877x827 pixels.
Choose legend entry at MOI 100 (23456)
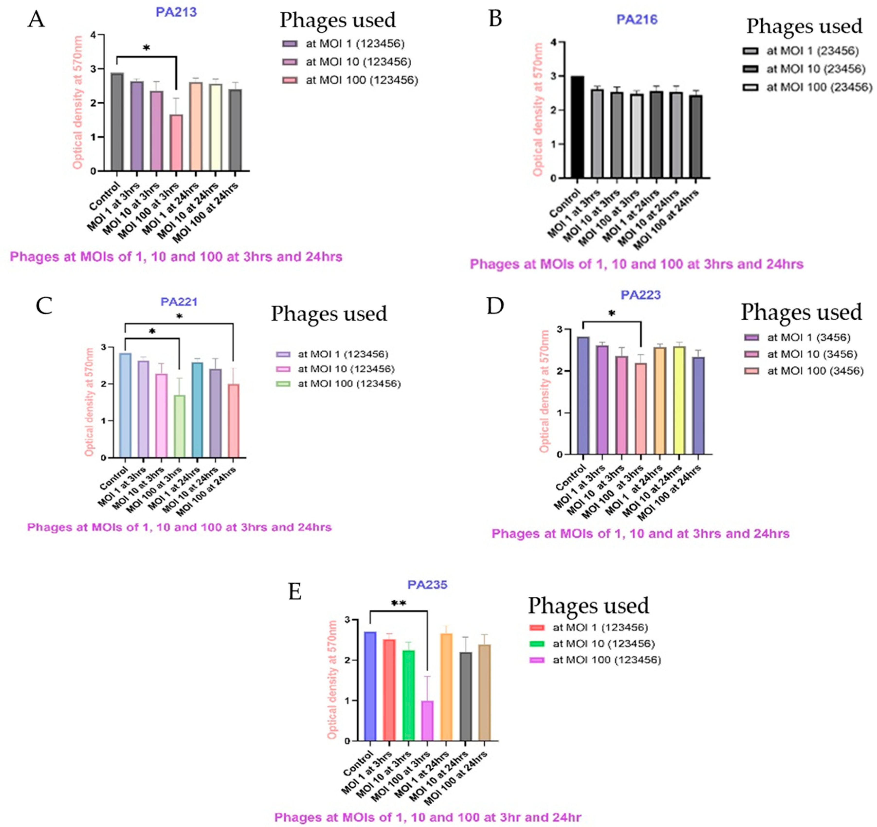tap(818, 87)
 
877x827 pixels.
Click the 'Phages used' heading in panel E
tap(588, 606)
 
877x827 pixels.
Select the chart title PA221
tap(179, 302)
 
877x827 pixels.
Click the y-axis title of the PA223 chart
tap(544, 391)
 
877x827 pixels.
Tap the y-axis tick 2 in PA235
tap(347, 660)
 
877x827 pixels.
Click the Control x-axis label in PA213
tap(105, 196)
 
